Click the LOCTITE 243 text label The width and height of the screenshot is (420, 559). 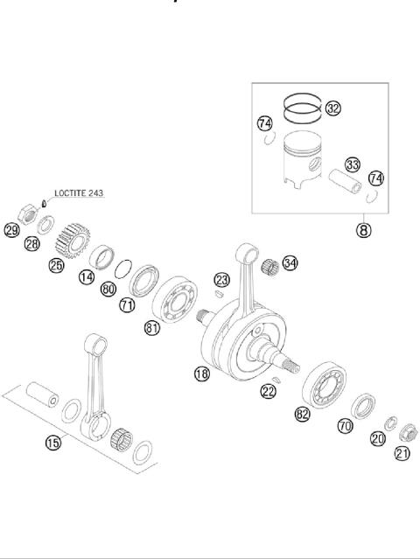(78, 192)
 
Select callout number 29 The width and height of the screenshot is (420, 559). (11, 231)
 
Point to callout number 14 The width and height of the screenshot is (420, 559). (86, 277)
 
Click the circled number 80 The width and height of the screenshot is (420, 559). (108, 289)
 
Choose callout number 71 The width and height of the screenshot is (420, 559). (128, 305)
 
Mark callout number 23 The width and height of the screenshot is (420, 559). (222, 280)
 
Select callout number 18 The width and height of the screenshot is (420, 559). (202, 374)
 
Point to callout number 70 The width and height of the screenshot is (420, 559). (345, 427)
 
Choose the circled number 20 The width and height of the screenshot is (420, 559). (378, 439)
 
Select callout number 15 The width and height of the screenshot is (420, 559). (53, 443)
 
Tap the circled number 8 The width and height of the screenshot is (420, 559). (362, 231)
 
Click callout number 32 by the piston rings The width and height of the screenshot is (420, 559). (333, 108)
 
